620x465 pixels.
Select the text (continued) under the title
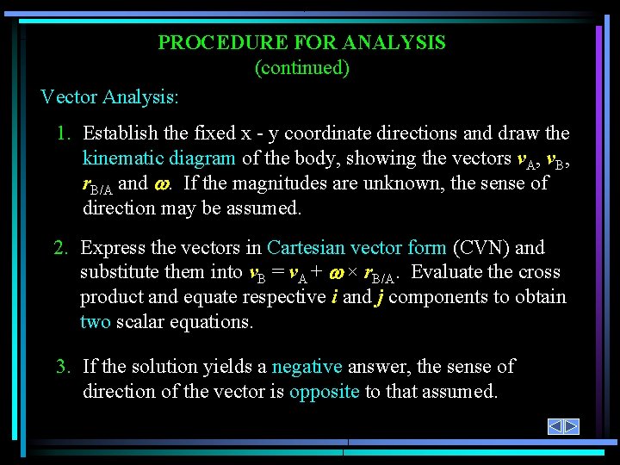pyautogui.click(x=302, y=68)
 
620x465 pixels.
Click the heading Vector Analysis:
pyautogui.click(x=109, y=96)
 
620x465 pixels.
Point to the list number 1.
pyautogui.click(x=62, y=133)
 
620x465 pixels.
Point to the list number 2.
pyautogui.click(x=60, y=248)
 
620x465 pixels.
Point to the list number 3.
pyautogui.click(x=62, y=367)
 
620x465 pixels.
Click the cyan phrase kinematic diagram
pyautogui.click(x=159, y=158)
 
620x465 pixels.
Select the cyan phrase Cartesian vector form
pyautogui.click(x=356, y=248)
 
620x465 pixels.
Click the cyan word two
pyautogui.click(x=95, y=322)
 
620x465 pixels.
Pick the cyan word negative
pyautogui.click(x=307, y=367)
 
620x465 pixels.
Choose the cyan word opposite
pyautogui.click(x=324, y=392)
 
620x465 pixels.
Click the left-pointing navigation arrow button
pyautogui.click(x=556, y=426)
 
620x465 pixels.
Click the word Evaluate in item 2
pyautogui.click(x=453, y=273)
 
